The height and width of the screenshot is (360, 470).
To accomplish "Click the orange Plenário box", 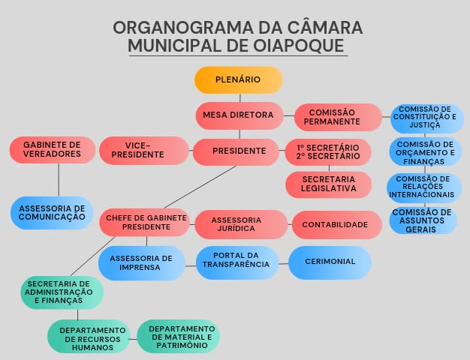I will click(238, 79).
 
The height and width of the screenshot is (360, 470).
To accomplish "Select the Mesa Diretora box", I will click(239, 115).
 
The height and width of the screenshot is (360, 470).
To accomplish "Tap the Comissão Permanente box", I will click(338, 116).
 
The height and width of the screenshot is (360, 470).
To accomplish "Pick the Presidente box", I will click(239, 151).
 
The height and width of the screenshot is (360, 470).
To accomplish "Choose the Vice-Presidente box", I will click(143, 150).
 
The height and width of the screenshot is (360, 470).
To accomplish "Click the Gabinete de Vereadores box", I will click(52, 149).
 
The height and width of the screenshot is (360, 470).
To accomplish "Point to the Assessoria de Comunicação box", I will click(52, 212).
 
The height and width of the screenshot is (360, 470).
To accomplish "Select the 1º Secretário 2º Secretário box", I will click(328, 151).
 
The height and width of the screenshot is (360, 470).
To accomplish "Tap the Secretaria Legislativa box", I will click(328, 184).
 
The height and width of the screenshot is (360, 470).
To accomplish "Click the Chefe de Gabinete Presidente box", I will click(146, 222).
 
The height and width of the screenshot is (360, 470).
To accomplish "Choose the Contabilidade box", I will click(335, 224).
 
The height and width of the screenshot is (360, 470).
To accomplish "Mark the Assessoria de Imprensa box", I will click(141, 262).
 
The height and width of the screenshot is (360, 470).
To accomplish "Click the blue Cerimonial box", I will click(330, 261).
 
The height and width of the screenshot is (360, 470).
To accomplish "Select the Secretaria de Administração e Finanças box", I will click(62, 292).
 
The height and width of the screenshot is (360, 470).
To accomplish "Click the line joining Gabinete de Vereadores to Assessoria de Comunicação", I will click(59, 180).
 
